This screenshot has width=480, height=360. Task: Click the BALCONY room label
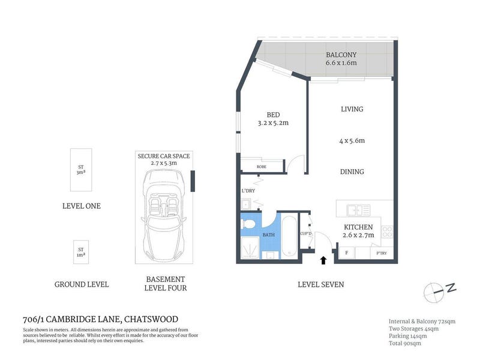click(x=341, y=55)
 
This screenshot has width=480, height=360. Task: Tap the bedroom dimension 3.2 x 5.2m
click(x=273, y=123)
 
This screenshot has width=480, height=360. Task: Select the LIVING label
click(x=352, y=109)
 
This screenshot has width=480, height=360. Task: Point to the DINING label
click(x=352, y=172)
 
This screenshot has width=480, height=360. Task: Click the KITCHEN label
click(x=358, y=227)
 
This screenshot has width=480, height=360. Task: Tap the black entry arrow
click(x=323, y=260)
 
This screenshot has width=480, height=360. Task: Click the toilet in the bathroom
click(x=248, y=224)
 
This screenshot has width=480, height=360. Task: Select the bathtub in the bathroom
click(x=289, y=236)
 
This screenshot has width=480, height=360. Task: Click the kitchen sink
click(x=358, y=211)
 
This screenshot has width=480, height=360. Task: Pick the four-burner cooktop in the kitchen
click(x=387, y=232)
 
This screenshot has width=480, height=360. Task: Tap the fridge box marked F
click(x=347, y=253)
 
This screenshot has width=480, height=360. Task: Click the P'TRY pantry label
click(x=382, y=253)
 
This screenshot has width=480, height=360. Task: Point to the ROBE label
click(x=262, y=167)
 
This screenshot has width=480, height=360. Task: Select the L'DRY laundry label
click(x=248, y=191)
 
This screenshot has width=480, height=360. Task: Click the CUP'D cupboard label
click(x=306, y=234)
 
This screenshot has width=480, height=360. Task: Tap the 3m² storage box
click(x=81, y=170)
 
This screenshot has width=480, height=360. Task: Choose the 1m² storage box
click(x=81, y=252)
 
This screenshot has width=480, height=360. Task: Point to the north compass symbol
click(x=440, y=292)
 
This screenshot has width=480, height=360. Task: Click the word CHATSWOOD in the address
click(x=151, y=319)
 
